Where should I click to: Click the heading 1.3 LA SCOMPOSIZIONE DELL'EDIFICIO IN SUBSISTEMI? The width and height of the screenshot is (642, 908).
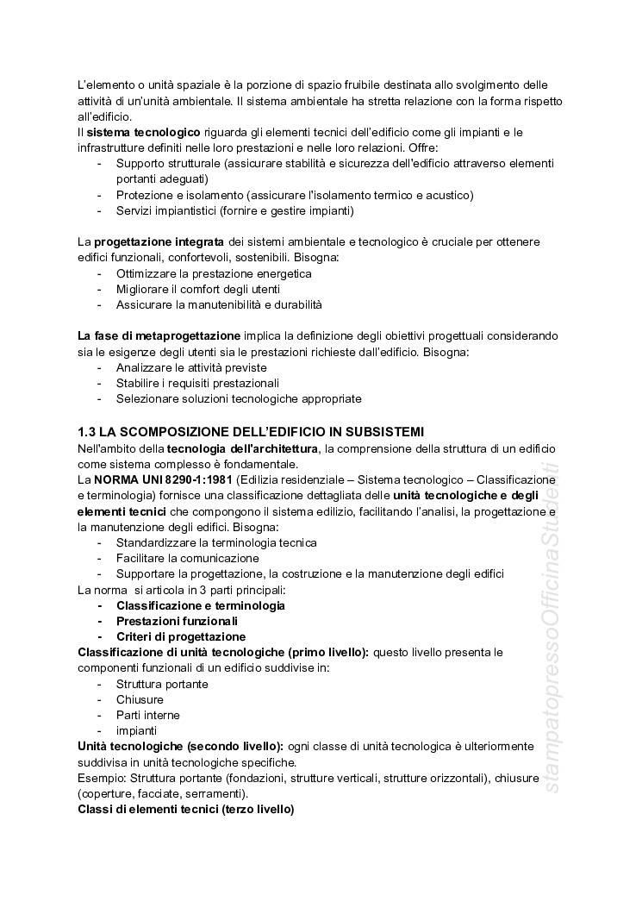tap(250, 431)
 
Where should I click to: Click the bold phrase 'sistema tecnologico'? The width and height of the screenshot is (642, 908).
tap(144, 132)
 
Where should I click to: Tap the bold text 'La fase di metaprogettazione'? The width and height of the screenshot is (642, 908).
tap(159, 335)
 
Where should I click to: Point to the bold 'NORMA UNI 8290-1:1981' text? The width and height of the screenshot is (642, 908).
tap(163, 479)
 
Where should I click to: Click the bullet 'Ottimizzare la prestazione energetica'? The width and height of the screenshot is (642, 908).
tap(214, 273)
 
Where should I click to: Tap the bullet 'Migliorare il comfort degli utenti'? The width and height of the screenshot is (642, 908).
tap(198, 289)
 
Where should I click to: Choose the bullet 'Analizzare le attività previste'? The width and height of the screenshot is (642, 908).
tap(191, 367)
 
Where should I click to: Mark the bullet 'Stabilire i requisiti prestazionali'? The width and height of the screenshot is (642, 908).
tap(198, 383)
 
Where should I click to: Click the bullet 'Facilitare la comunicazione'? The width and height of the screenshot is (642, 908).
tap(187, 558)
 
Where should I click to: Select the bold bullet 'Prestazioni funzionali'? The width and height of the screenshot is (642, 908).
tap(177, 621)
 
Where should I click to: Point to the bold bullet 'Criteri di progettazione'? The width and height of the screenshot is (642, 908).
tap(181, 636)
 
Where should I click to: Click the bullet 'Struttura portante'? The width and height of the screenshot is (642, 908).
tap(162, 684)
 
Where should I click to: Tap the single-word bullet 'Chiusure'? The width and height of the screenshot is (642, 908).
tap(140, 699)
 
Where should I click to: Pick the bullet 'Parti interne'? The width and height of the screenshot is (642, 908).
tap(148, 715)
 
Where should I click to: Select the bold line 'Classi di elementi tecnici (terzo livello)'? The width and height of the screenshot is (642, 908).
tap(185, 810)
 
